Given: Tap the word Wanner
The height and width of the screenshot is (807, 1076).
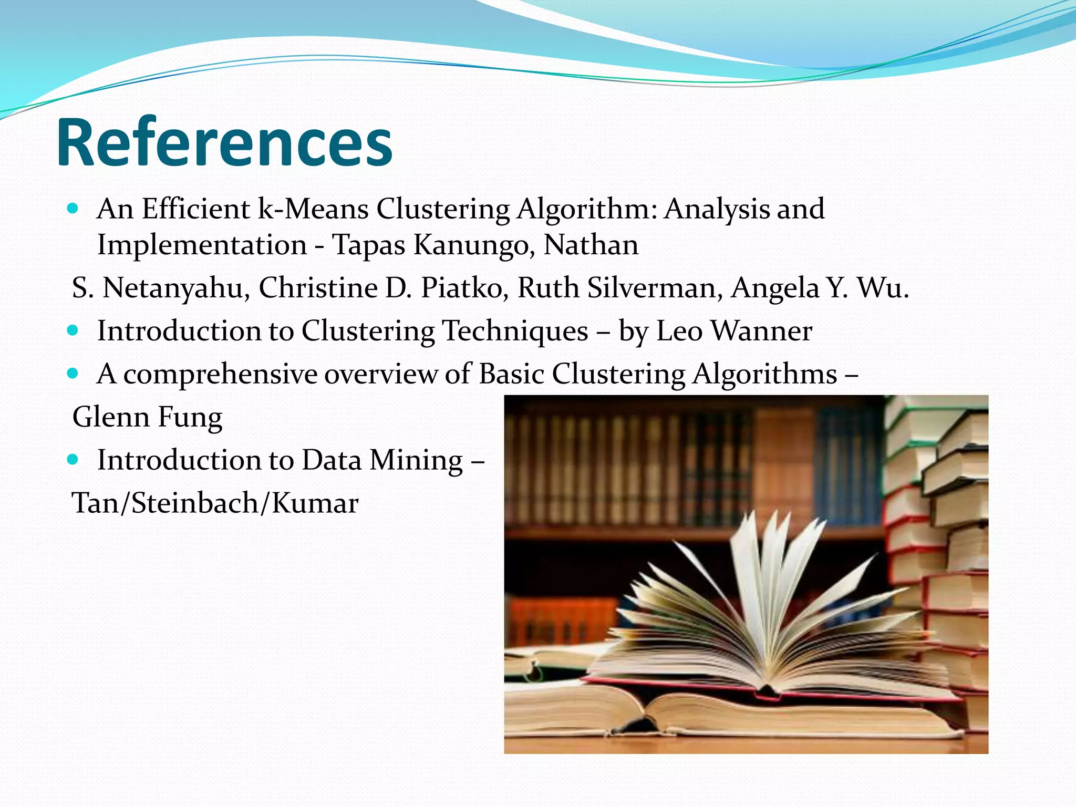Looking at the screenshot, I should coord(761,331).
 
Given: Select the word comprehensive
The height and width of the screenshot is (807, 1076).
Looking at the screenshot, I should coord(221,375).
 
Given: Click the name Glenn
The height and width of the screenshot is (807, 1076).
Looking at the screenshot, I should coord(111,417).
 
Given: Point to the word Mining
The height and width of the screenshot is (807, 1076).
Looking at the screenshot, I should coord(416,460).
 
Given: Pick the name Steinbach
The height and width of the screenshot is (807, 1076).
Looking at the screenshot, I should coord(194,503).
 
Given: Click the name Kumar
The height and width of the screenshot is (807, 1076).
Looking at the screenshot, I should coord(315,503).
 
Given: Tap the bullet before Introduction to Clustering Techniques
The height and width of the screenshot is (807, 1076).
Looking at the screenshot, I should coord(73,330).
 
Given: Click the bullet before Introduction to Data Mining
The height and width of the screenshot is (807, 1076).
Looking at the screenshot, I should coord(73,460).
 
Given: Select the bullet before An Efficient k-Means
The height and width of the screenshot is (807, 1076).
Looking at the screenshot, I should coord(73,209).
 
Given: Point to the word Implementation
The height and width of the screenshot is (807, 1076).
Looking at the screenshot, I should coord(202,245).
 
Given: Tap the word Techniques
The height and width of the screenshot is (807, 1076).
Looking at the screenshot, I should coord(515,331).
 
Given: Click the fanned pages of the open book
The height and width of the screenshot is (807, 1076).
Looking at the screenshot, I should coord(762,594).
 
